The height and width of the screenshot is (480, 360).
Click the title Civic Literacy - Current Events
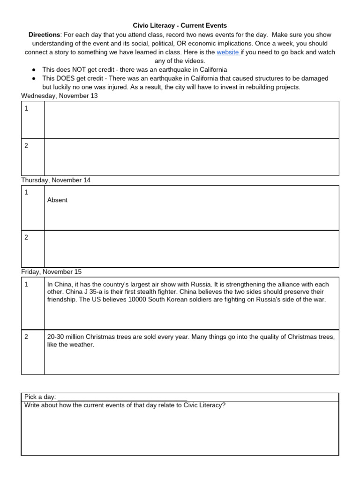[x=180, y=26]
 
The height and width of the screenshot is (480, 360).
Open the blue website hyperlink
[x=228, y=52]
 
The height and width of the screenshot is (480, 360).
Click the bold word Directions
[x=44, y=35]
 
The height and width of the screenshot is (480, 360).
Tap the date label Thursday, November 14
[x=56, y=180]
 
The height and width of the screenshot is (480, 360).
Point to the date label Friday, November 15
[x=52, y=272]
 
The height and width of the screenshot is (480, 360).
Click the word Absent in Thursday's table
[x=57, y=200]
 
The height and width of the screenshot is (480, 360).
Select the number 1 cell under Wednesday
[x=33, y=120]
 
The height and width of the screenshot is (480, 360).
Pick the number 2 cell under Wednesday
[x=33, y=157]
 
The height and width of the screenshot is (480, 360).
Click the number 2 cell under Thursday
[x=33, y=248]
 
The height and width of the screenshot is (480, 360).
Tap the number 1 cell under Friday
[x=33, y=303]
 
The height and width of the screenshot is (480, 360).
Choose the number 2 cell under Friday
[x=33, y=352]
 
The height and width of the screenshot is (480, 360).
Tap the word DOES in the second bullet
[x=80, y=78]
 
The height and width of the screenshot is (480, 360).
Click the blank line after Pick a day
[x=122, y=397]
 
